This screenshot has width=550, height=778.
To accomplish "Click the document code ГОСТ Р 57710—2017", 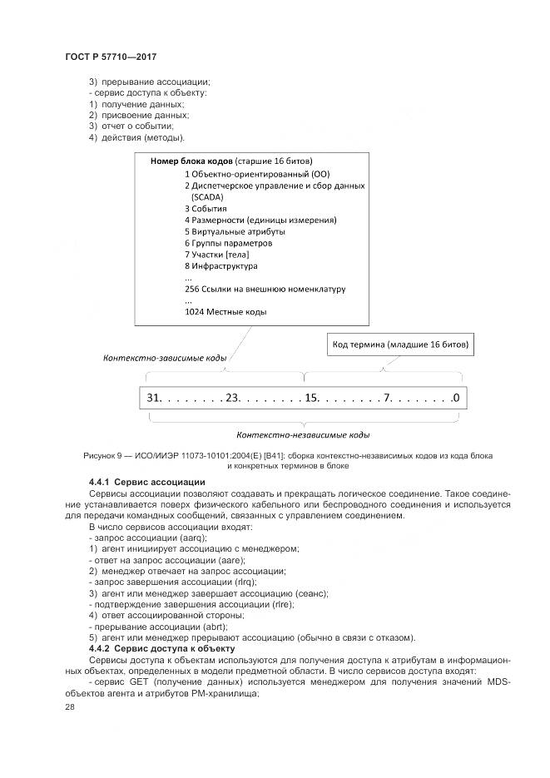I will pyautogui.click(x=111, y=56).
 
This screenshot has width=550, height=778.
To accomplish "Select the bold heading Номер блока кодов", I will pyautogui.click(x=191, y=161).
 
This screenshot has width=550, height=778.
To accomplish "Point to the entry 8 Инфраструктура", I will pyautogui.click(x=220, y=266).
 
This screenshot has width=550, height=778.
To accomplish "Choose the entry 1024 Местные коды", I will pyautogui.click(x=225, y=312).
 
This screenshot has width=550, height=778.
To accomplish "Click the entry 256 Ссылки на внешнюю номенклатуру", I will pyautogui.click(x=265, y=289).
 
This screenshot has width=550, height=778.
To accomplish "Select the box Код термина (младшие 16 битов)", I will pyautogui.click(x=399, y=343).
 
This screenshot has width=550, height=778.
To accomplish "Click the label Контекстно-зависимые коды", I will pyautogui.click(x=164, y=359).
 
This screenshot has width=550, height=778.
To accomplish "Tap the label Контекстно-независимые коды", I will pyautogui.click(x=303, y=434).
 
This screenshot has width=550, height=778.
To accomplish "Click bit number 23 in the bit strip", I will pyautogui.click(x=232, y=398).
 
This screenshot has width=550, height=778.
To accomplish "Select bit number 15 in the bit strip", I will pyautogui.click(x=312, y=398).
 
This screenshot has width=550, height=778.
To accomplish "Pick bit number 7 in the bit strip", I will pyautogui.click(x=387, y=398).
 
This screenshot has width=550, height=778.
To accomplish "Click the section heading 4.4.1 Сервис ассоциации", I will pyautogui.click(x=146, y=483).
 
